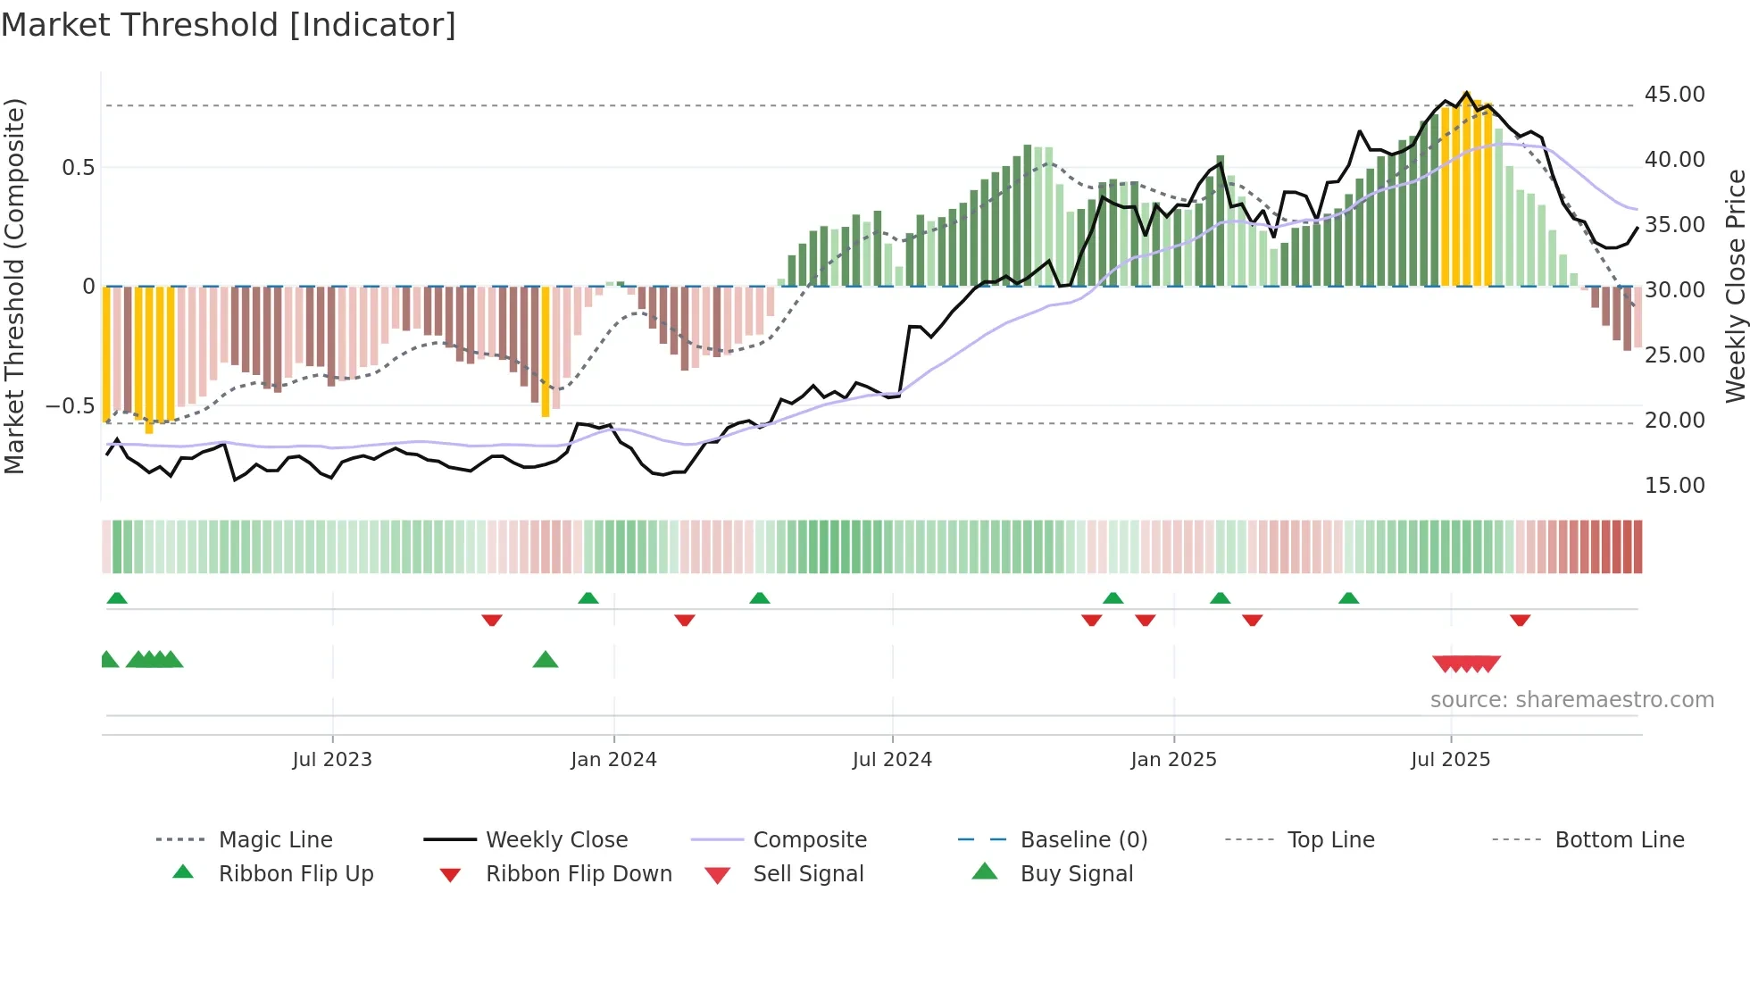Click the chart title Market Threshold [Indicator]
tap(229, 25)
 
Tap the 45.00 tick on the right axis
tap(1674, 95)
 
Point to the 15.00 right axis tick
tap(1674, 486)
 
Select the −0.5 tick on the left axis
tap(71, 406)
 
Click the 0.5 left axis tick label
tap(79, 168)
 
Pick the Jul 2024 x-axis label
tap(891, 760)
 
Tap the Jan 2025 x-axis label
tap(1172, 760)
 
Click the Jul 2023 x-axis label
tap(331, 760)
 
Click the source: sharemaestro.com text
tap(1571, 700)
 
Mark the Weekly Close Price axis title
tap(1735, 286)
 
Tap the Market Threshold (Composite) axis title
tap(14, 286)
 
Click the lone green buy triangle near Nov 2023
tap(545, 660)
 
